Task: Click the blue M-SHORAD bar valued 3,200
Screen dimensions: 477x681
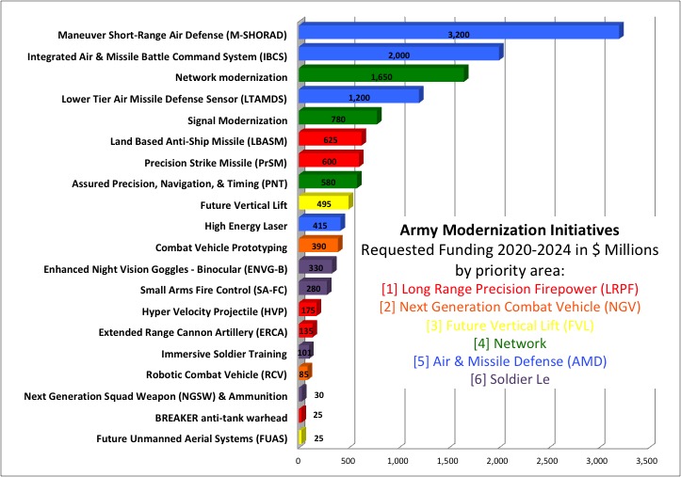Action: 459,33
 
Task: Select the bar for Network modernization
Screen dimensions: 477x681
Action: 381,75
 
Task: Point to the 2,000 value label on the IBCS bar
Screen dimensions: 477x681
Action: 398,55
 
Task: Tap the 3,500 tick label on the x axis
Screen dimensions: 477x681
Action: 646,462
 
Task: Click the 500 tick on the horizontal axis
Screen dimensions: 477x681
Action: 348,462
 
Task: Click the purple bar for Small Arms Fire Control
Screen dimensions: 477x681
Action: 313,288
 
